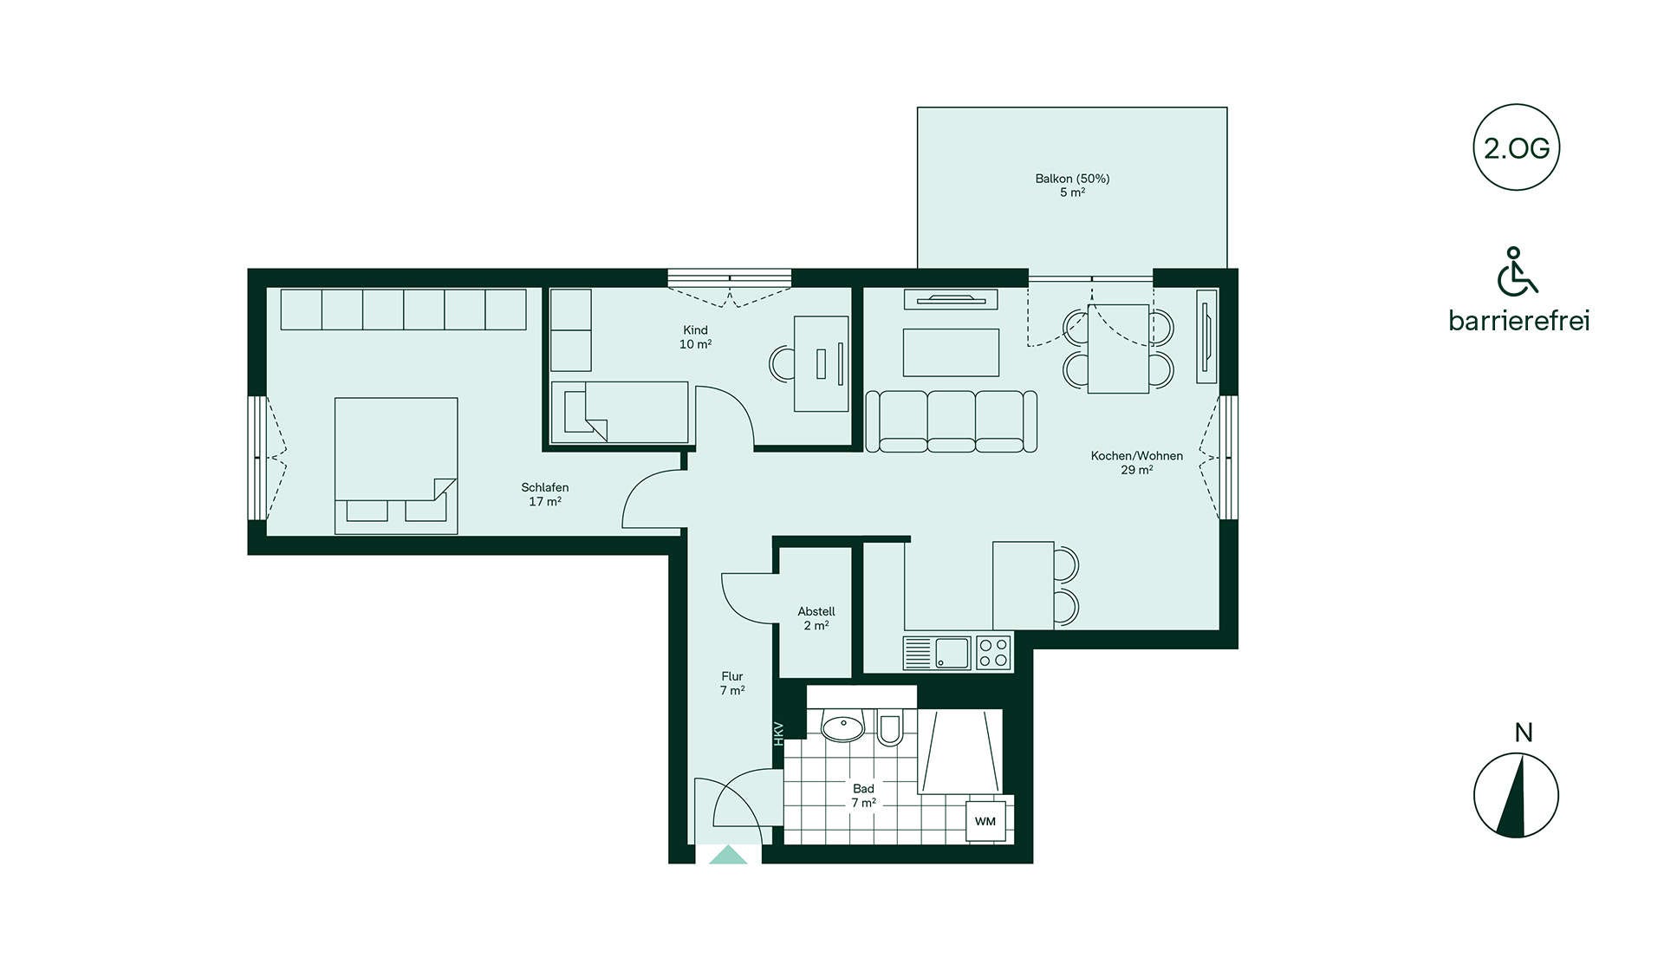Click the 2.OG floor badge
[1516, 147]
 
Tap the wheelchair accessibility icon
[1517, 270]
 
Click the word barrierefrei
[1518, 321]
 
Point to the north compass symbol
[1516, 795]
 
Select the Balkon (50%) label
[1072, 185]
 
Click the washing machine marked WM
[985, 821]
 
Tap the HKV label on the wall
[778, 733]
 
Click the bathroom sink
[842, 727]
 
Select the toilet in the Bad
[889, 728]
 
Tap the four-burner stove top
[993, 653]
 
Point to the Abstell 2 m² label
[816, 618]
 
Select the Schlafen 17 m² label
[545, 494]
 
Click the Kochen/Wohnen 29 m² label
[1136, 463]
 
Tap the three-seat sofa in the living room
[951, 421]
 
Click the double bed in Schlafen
[396, 466]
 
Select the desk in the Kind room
[822, 363]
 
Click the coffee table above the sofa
[951, 353]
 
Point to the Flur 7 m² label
[732, 683]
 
